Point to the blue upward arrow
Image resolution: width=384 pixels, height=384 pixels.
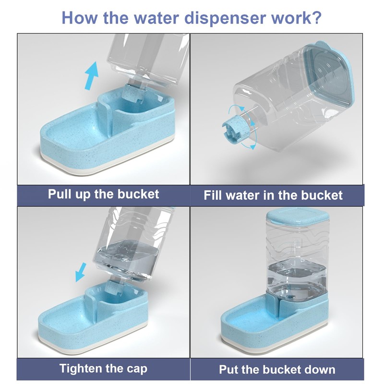coord(92,75)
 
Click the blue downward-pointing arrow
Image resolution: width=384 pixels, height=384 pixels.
coord(81,272)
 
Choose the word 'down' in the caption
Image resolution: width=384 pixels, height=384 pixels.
coord(320,370)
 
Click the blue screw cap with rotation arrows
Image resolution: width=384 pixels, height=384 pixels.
coord(236,128)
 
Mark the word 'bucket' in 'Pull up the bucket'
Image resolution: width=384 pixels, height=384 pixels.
coord(138,194)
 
